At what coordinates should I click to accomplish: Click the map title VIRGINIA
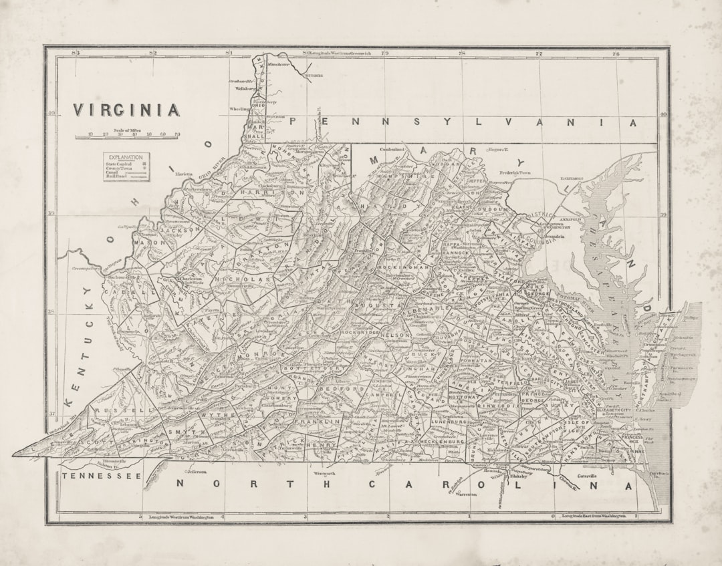(126, 110)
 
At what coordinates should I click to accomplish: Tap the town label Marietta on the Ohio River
(184, 174)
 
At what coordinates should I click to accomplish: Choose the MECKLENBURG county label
(439, 442)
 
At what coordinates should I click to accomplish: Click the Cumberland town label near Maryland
(393, 149)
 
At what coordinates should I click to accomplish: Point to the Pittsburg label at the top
(314, 76)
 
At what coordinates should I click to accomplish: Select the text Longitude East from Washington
(594, 517)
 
